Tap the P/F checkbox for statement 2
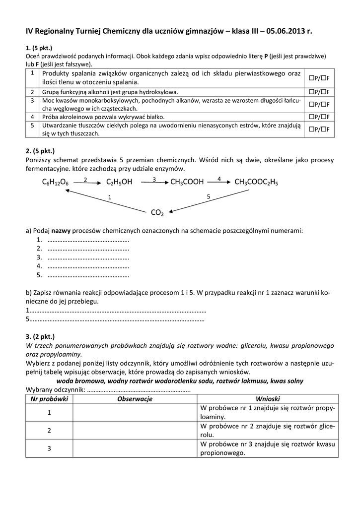coord(321,92)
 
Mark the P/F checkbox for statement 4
coord(321,117)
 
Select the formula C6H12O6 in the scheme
coord(56,183)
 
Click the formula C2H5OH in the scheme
coord(119,183)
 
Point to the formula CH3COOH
coord(187,183)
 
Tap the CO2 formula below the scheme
coord(157,213)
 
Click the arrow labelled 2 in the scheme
coord(86,183)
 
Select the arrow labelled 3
coord(153,183)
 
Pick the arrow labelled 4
coord(218,182)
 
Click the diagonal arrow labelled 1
coord(106,200)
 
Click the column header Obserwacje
coord(135,399)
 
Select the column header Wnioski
coord(268,399)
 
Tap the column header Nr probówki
coord(49,399)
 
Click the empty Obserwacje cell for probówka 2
coord(135,431)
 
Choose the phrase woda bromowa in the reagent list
coord(78,381)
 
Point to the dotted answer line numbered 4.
coord(88,266)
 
